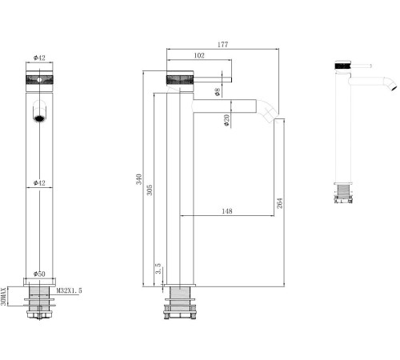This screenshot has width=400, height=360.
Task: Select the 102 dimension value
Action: click(x=199, y=56)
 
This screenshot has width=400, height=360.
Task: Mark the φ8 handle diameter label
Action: click(x=217, y=91)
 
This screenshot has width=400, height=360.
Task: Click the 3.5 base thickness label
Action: click(x=158, y=270)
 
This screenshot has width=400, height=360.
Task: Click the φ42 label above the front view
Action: click(x=38, y=58)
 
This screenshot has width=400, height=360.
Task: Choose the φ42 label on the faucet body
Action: click(x=39, y=183)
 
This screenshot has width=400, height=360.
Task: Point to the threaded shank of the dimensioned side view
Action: click(x=180, y=306)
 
